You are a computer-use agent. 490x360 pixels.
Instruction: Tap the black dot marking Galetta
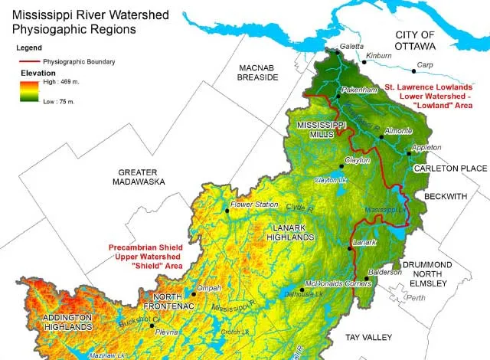click(336, 54)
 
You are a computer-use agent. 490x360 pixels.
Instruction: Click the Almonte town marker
click(381, 137)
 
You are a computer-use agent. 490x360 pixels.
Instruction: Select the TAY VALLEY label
click(368, 337)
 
